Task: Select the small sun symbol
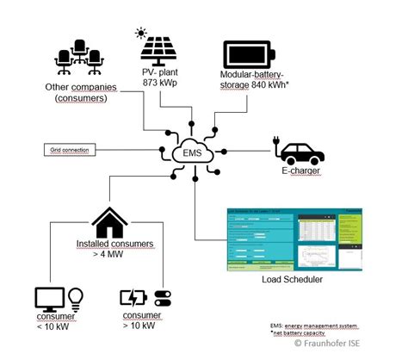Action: pyautogui.click(x=141, y=34)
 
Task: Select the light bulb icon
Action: pyautogui.click(x=75, y=298)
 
